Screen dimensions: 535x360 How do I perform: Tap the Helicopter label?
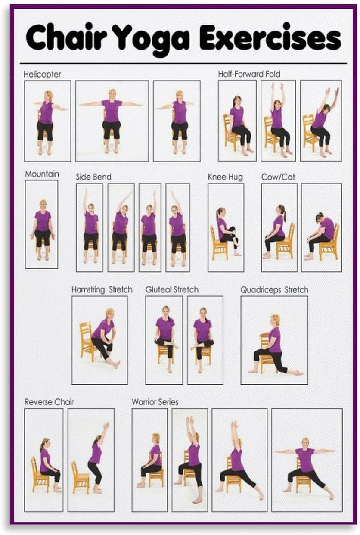42,74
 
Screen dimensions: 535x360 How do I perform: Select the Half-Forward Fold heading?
249,74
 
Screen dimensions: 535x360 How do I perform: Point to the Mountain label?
42,174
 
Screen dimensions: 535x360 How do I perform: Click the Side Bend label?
93,177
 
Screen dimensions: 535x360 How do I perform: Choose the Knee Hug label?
225,177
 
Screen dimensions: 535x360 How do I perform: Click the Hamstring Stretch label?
102,289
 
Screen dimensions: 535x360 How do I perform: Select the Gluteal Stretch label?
172,289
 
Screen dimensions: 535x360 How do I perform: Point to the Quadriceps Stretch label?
274,290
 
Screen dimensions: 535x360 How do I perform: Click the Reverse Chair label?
49,402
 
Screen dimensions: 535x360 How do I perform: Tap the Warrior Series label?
155,402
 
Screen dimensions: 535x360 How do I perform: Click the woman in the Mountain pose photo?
43,228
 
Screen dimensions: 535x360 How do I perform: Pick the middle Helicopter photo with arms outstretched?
112,121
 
